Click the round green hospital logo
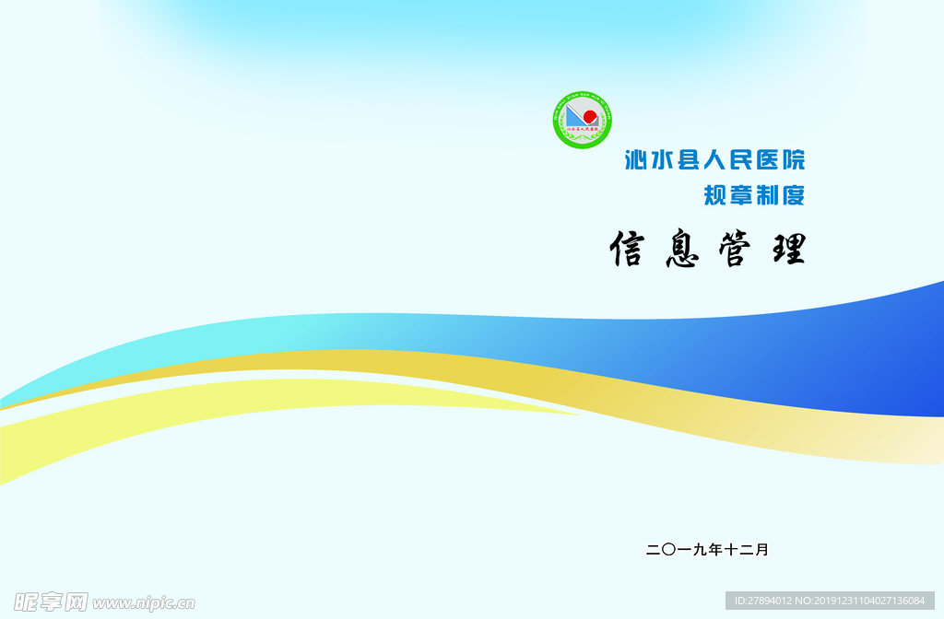pyautogui.click(x=582, y=121)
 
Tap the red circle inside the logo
pyautogui.click(x=589, y=116)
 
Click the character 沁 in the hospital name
pyautogui.click(x=637, y=160)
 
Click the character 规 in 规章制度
pyautogui.click(x=715, y=195)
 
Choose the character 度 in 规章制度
pyautogui.click(x=793, y=195)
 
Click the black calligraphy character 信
pyautogui.click(x=627, y=249)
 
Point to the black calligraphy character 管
pyautogui.click(x=735, y=250)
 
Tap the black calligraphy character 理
pyautogui.click(x=788, y=250)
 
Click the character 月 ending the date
pyautogui.click(x=761, y=550)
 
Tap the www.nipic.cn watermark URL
pyautogui.click(x=144, y=603)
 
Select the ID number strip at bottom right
pyautogui.click(x=830, y=601)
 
